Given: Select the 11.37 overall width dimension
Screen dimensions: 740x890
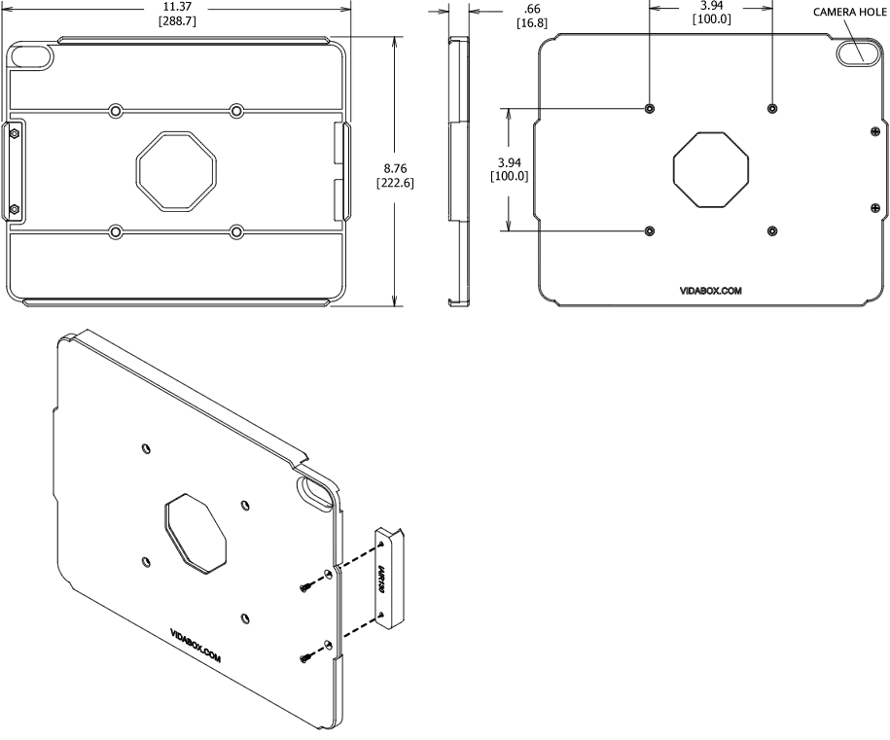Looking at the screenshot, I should click(183, 5).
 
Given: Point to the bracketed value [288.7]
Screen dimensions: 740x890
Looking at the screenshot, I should click(183, 19).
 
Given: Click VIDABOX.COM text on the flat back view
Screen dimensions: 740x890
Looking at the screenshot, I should click(711, 290).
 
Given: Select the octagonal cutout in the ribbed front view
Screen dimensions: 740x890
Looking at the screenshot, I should click(175, 169).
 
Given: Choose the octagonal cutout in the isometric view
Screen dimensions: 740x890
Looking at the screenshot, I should click(196, 534).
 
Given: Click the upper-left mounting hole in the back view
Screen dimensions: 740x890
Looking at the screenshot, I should click(650, 108).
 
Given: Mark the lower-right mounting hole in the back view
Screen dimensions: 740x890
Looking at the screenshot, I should click(771, 230).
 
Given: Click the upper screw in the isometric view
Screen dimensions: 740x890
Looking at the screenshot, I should click(306, 587).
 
